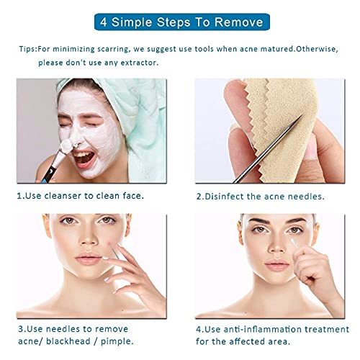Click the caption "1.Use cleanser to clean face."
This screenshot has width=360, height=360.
point(81,195)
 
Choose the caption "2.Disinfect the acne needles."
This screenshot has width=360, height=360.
point(261,195)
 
